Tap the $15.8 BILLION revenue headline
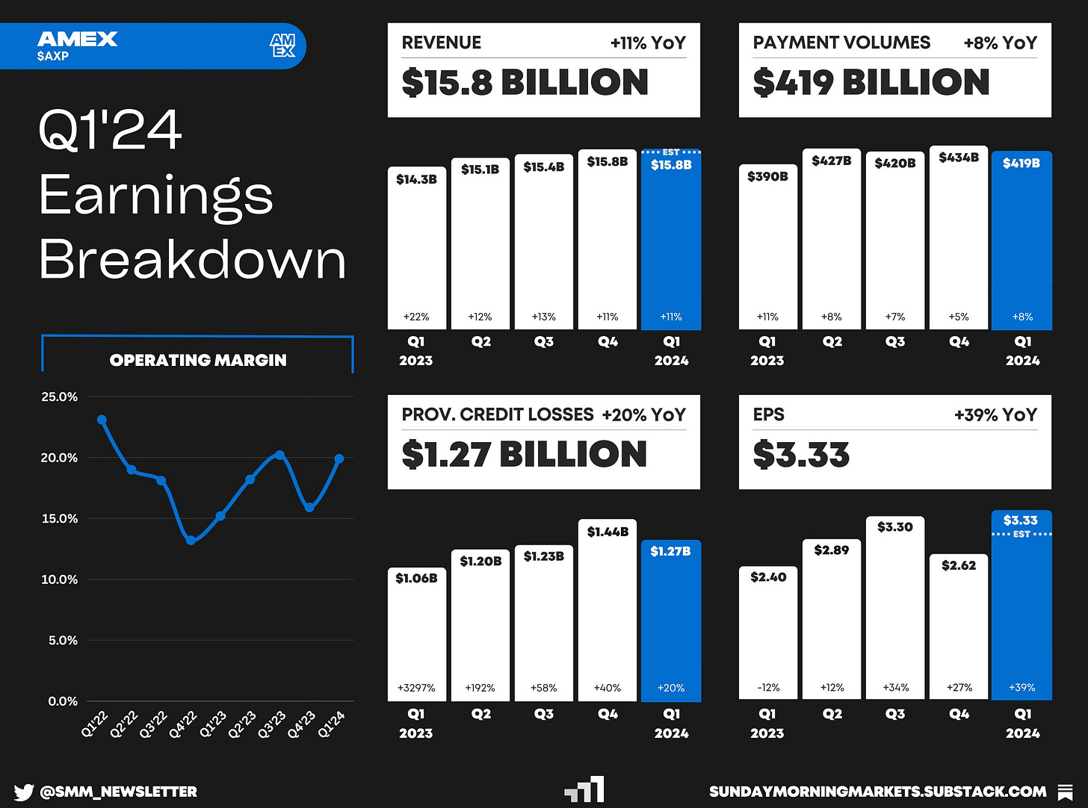[x=525, y=82]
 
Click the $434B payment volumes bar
[x=959, y=237]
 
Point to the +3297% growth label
[x=416, y=688]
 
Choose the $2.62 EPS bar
[x=959, y=627]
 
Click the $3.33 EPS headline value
[x=801, y=455]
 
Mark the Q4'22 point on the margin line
[x=191, y=540]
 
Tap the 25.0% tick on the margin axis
[x=60, y=397]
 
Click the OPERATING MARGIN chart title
[x=198, y=360]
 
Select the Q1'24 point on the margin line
[x=339, y=459]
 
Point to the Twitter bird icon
[x=23, y=792]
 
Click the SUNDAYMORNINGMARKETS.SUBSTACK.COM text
[x=877, y=792]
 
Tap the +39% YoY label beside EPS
[x=995, y=414]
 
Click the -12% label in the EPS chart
[x=768, y=687]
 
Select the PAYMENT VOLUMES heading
[x=841, y=43]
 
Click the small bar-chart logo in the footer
[x=585, y=789]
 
